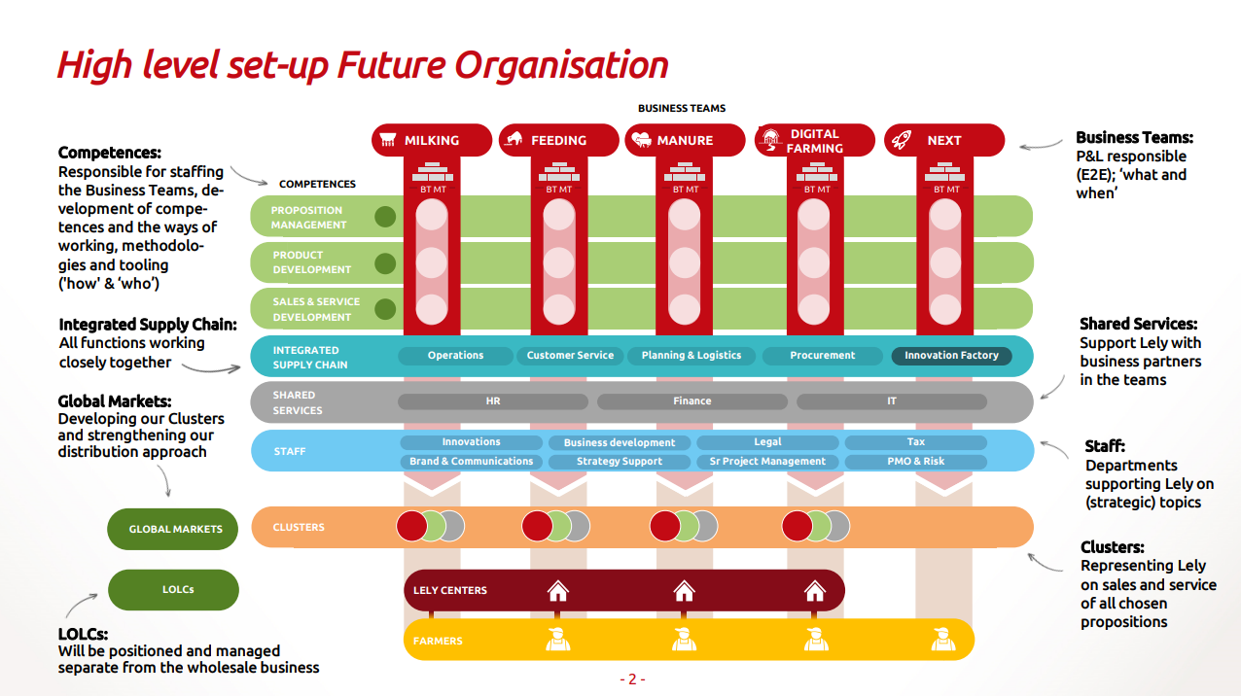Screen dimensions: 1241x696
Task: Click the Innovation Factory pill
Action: point(951,356)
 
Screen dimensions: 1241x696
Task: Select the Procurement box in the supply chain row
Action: point(822,356)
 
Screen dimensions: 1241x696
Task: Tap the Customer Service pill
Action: point(570,356)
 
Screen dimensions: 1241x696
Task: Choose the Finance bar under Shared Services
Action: point(691,400)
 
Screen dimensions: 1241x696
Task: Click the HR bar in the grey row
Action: point(493,400)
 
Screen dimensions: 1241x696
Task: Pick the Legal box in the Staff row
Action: point(767,442)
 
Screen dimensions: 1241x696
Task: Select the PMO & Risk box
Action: point(916,461)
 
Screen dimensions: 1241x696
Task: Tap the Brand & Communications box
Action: point(472,461)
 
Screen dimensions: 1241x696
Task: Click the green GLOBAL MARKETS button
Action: point(173,529)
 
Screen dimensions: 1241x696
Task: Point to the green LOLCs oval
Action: point(173,590)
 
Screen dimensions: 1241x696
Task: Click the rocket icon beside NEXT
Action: point(902,140)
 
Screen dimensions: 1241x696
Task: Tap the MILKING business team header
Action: point(432,140)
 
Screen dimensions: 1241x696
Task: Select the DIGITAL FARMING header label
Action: point(814,141)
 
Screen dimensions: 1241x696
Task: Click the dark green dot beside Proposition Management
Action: point(385,217)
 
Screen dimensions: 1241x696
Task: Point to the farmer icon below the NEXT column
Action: point(943,639)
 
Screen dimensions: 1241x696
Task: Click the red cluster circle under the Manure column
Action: point(665,526)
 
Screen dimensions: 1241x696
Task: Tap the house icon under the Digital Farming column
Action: point(814,591)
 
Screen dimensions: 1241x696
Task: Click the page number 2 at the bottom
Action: point(632,679)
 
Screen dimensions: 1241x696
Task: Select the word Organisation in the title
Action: point(561,66)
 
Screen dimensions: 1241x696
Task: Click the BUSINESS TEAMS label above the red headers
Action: point(682,108)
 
